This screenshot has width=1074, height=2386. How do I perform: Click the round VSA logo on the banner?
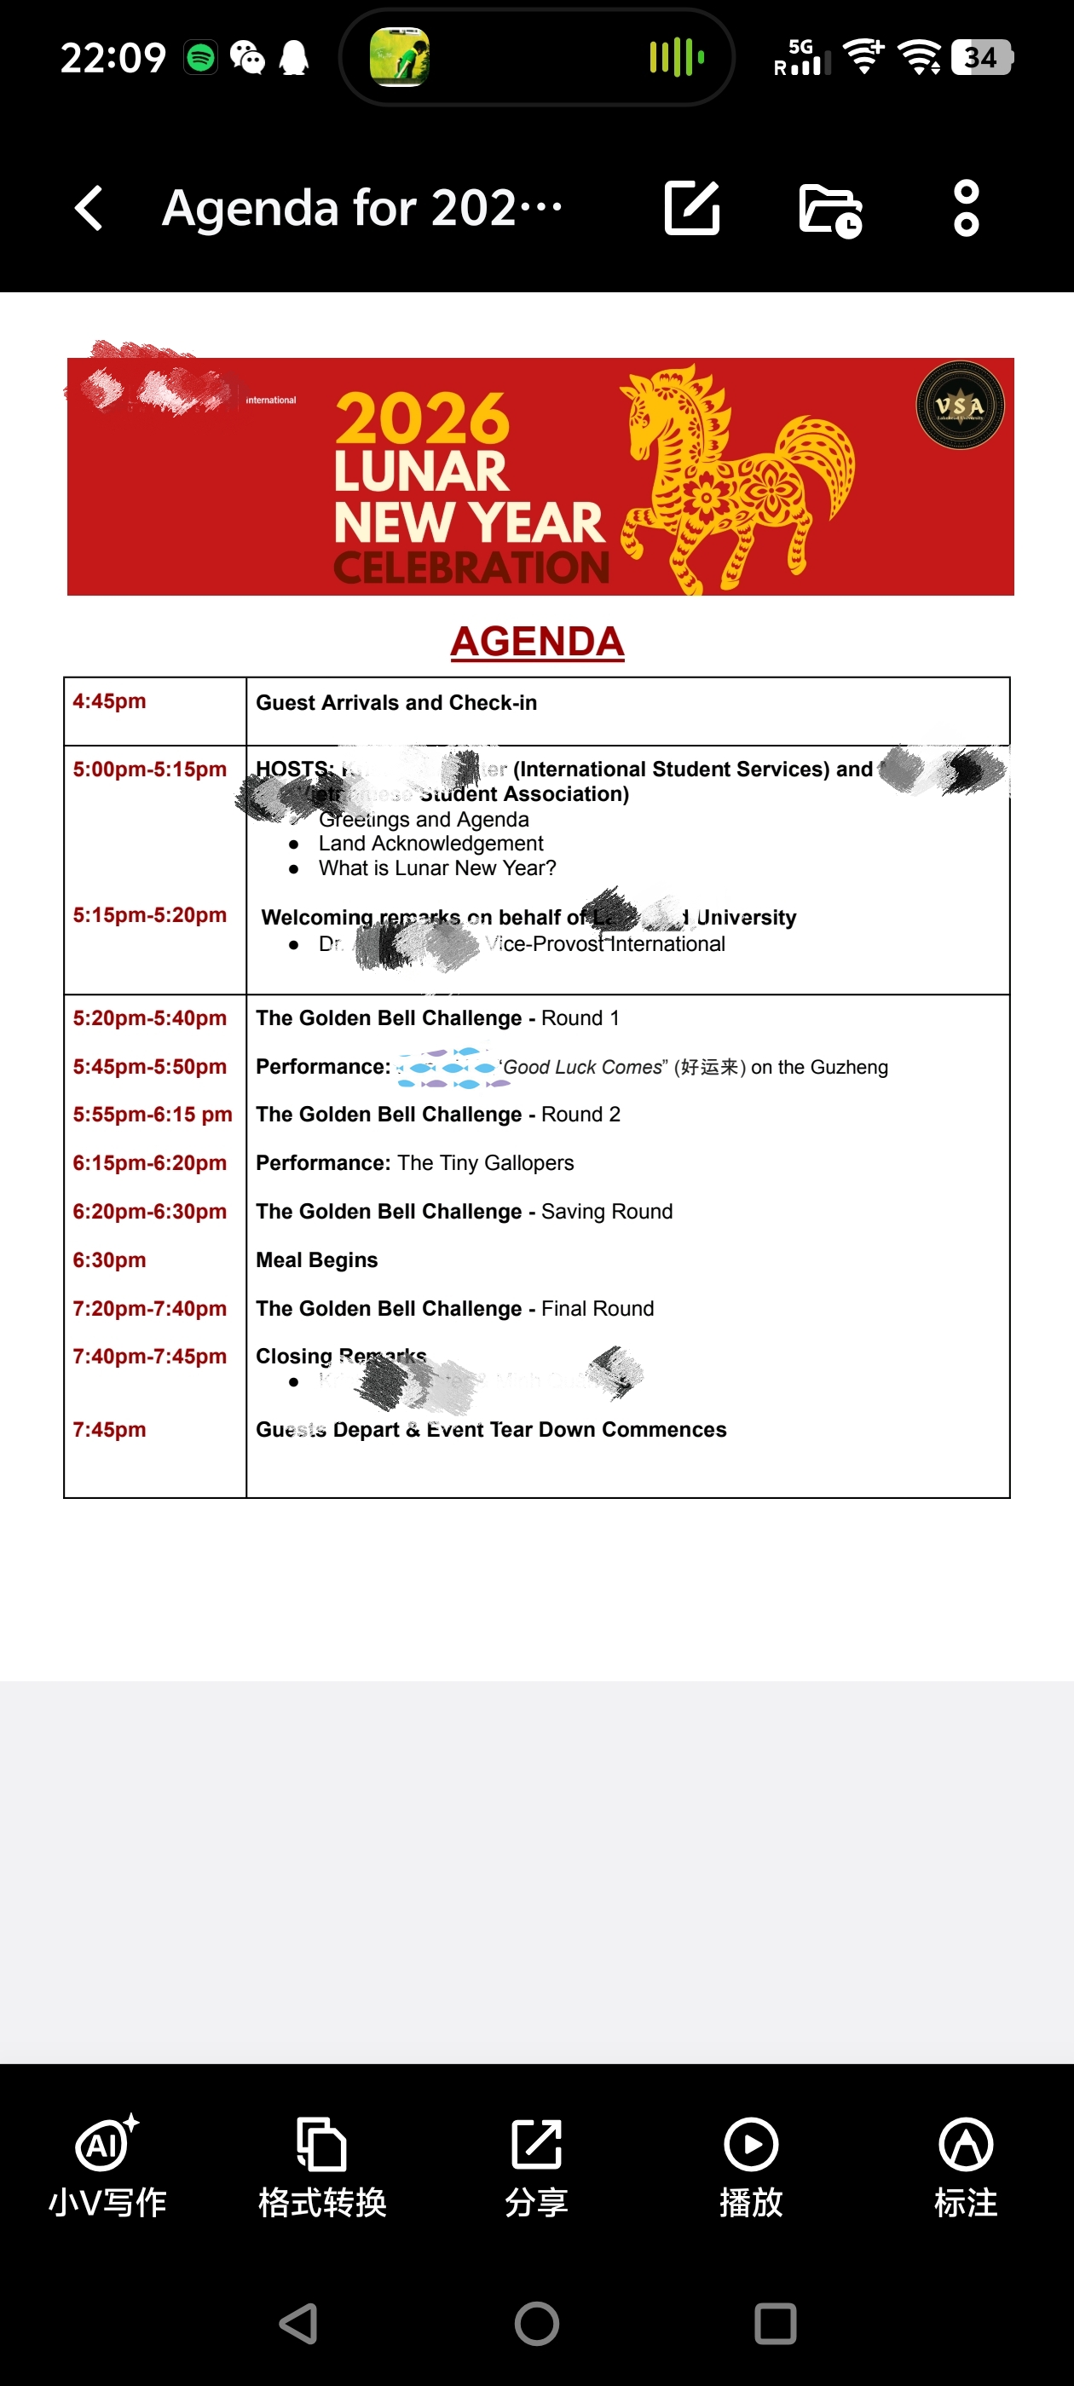pos(959,406)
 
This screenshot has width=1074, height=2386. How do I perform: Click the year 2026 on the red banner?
pos(423,418)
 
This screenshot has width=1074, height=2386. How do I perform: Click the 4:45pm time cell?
pos(109,701)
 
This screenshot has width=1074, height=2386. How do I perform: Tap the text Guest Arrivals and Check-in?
pos(396,703)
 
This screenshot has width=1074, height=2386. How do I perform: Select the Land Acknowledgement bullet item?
pos(431,844)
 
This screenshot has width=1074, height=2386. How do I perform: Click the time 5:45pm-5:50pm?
pos(149,1067)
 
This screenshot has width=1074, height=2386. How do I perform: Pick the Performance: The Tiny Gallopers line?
pos(414,1163)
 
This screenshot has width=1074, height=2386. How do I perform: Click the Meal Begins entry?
pos(316,1259)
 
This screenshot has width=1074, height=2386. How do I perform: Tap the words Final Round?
pos(597,1309)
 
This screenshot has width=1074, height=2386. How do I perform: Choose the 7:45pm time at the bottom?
pos(109,1429)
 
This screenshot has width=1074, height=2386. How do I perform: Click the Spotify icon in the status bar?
pos(201,58)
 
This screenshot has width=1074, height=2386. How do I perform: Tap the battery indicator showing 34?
pos(981,58)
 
